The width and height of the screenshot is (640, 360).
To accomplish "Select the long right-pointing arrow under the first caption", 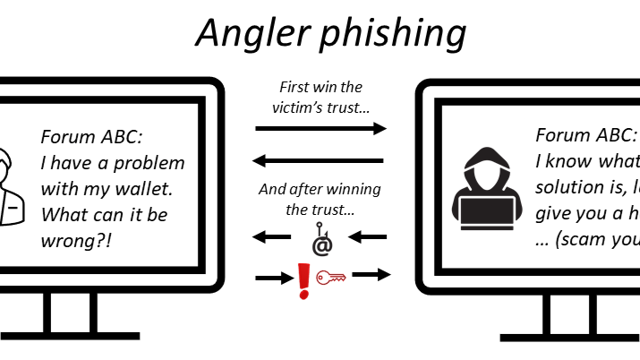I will tap(320, 129).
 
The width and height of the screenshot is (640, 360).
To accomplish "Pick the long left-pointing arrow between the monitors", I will tap(320, 161).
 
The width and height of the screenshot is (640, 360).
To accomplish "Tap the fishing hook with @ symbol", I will tap(320, 241).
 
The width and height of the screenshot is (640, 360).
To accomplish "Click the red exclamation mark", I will tap(302, 278).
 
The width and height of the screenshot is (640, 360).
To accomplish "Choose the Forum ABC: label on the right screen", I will tap(586, 135).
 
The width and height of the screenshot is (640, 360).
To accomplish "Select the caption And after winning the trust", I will tap(320, 199).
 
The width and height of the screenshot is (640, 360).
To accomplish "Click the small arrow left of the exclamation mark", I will tap(269, 279).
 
